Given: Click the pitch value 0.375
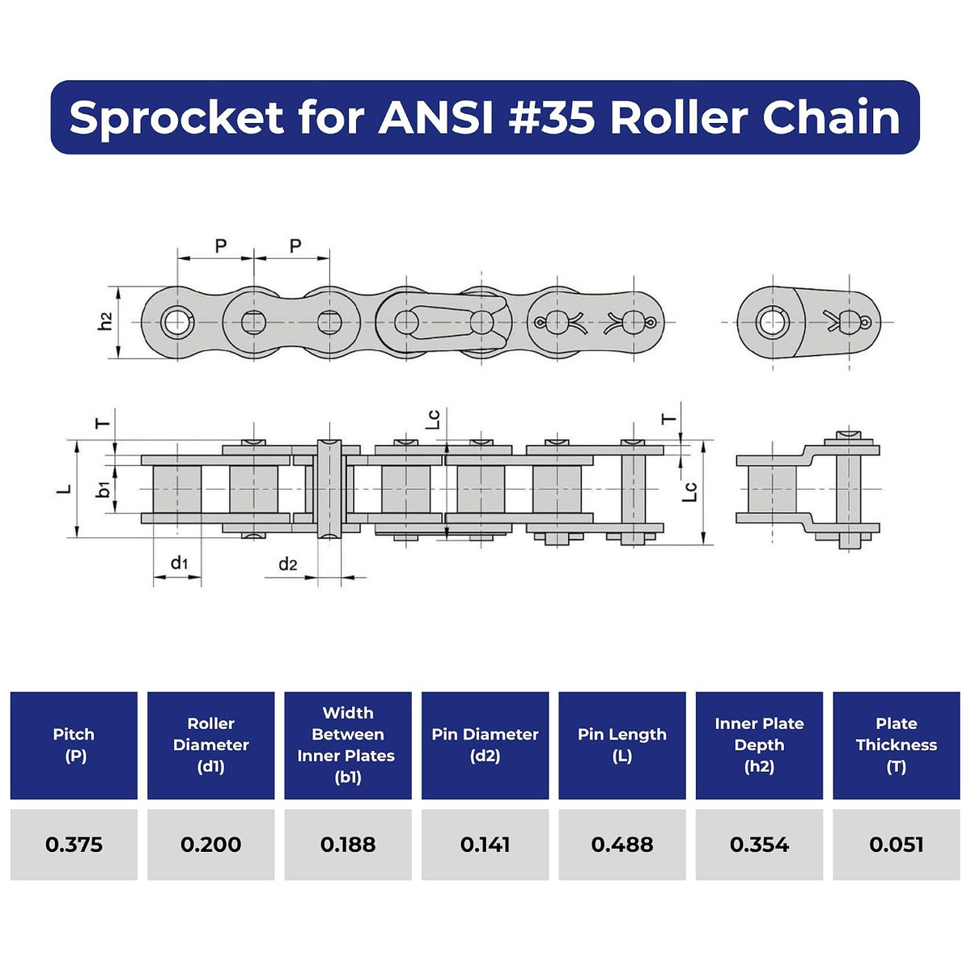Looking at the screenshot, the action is point(74,845).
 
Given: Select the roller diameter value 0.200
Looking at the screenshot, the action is point(210,845).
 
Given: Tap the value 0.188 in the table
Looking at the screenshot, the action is point(348,845).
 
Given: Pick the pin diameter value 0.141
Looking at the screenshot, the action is point(485,845).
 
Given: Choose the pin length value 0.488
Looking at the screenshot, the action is point(621,845).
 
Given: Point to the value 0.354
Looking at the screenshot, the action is point(759,845).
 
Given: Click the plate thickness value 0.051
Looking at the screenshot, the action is point(896,845).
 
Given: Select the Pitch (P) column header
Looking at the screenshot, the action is point(74,744).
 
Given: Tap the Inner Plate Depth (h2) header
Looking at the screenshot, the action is point(759,744).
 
